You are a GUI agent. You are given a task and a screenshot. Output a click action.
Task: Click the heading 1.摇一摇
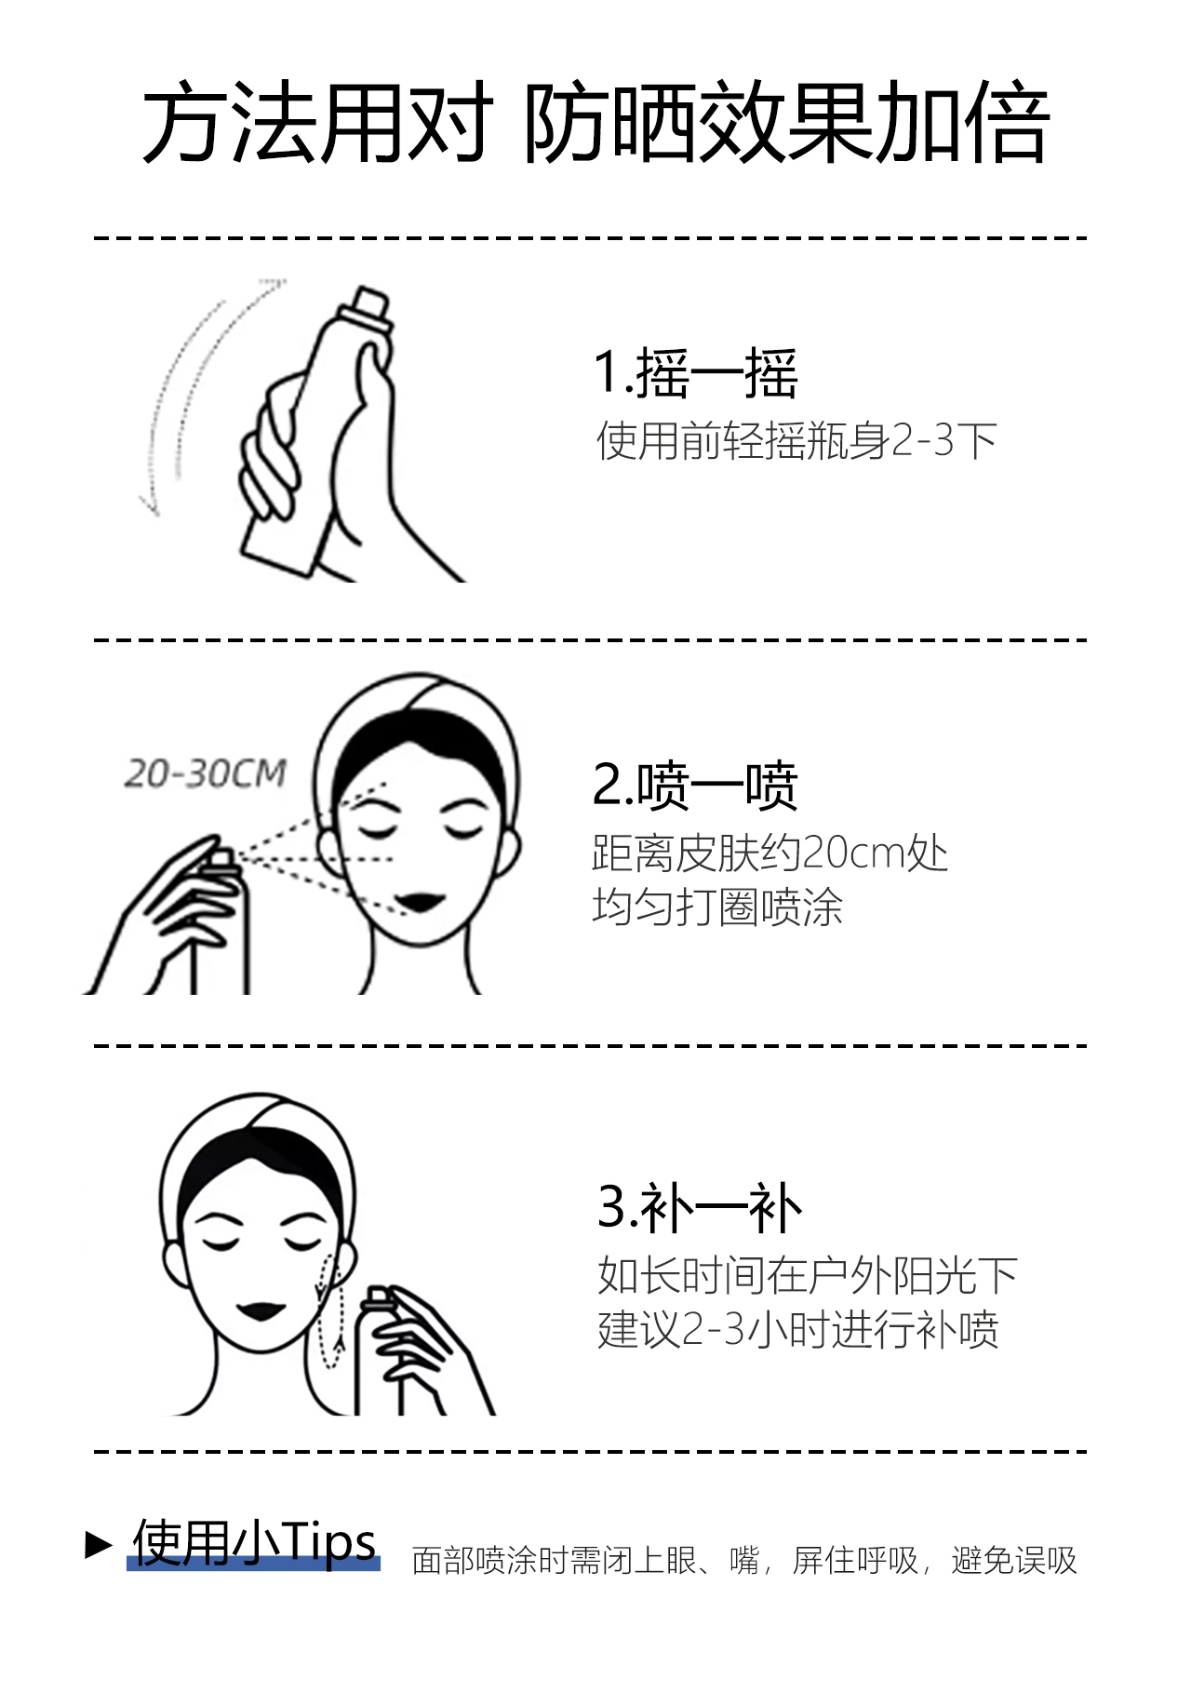(x=696, y=373)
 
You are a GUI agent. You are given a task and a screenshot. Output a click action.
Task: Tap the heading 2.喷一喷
(x=695, y=785)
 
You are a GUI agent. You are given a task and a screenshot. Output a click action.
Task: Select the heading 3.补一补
(x=699, y=1207)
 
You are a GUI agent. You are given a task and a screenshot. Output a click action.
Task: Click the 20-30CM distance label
(x=206, y=773)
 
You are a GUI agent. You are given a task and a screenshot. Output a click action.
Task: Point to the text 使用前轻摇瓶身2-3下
(x=796, y=440)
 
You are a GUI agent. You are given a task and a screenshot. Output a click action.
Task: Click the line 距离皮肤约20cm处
(x=769, y=853)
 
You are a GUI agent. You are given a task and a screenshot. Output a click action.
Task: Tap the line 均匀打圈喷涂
(x=717, y=907)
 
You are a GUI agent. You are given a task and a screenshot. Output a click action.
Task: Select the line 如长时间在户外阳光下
(x=808, y=1275)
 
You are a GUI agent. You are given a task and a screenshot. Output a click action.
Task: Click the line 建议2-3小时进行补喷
(x=798, y=1329)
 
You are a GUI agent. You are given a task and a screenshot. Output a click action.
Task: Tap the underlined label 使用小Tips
(x=254, y=1542)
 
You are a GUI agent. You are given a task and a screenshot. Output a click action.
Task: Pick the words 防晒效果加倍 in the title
(x=787, y=123)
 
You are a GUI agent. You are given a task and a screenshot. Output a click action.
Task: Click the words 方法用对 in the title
(x=317, y=123)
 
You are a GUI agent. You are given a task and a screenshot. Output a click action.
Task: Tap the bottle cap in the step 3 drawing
(x=378, y=1296)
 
